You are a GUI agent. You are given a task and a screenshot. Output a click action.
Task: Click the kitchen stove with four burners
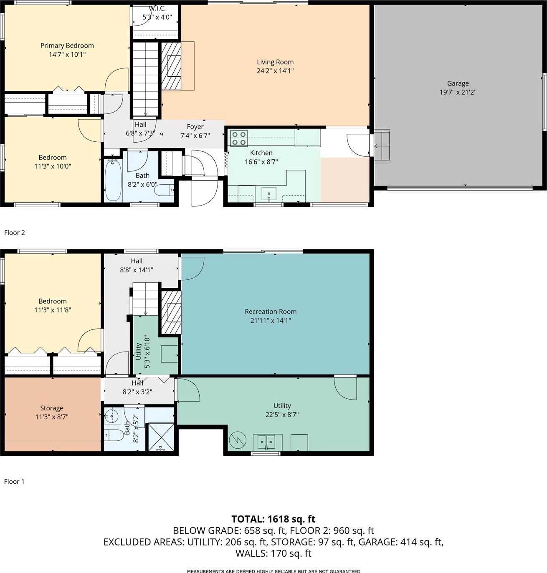(x=239, y=138)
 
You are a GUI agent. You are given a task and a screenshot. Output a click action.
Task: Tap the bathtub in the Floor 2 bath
(x=113, y=180)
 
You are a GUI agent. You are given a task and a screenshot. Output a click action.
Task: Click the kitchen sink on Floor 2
(x=269, y=194)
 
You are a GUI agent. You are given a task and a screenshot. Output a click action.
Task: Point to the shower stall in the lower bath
(x=162, y=437)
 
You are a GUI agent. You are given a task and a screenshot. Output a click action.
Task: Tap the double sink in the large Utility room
(x=266, y=442)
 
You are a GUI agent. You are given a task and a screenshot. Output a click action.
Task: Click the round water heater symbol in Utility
(x=238, y=440)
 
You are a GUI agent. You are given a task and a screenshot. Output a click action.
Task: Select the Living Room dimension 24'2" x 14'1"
(x=275, y=70)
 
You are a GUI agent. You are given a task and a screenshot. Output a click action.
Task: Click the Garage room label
(x=458, y=83)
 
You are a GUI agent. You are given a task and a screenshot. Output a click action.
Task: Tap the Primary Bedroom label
(x=67, y=45)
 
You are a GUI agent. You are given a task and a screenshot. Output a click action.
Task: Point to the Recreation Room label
(x=271, y=312)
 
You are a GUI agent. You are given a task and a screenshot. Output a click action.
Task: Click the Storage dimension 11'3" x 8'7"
(x=52, y=417)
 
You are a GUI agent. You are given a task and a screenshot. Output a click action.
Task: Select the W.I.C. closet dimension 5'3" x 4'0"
(x=157, y=17)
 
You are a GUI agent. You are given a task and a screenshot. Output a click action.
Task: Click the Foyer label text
(x=195, y=127)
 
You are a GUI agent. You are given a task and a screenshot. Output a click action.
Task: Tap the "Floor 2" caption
(x=15, y=233)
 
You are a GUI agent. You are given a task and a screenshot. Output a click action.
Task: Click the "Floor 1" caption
(x=14, y=482)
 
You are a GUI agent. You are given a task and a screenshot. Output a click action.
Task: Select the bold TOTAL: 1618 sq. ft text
(x=273, y=519)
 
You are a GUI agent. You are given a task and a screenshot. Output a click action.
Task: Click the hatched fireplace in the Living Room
(x=171, y=66)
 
